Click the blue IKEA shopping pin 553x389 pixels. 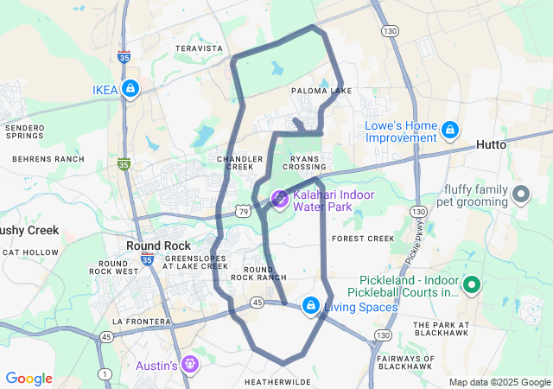[x=130, y=88]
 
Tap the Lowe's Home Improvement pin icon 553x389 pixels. [x=449, y=131]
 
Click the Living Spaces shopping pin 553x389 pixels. [x=310, y=305]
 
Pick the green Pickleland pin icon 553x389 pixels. [x=471, y=284]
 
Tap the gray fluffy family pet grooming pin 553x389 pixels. [x=520, y=194]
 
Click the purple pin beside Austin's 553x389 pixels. [x=191, y=365]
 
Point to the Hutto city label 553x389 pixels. [x=492, y=145]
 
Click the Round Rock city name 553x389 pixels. [x=152, y=246]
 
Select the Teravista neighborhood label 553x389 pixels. [x=199, y=49]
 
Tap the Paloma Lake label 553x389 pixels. [x=321, y=91]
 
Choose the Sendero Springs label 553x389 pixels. [x=24, y=132]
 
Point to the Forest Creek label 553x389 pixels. [x=363, y=238]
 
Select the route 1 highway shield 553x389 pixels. [x=105, y=373]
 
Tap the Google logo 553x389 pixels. [x=29, y=379]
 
